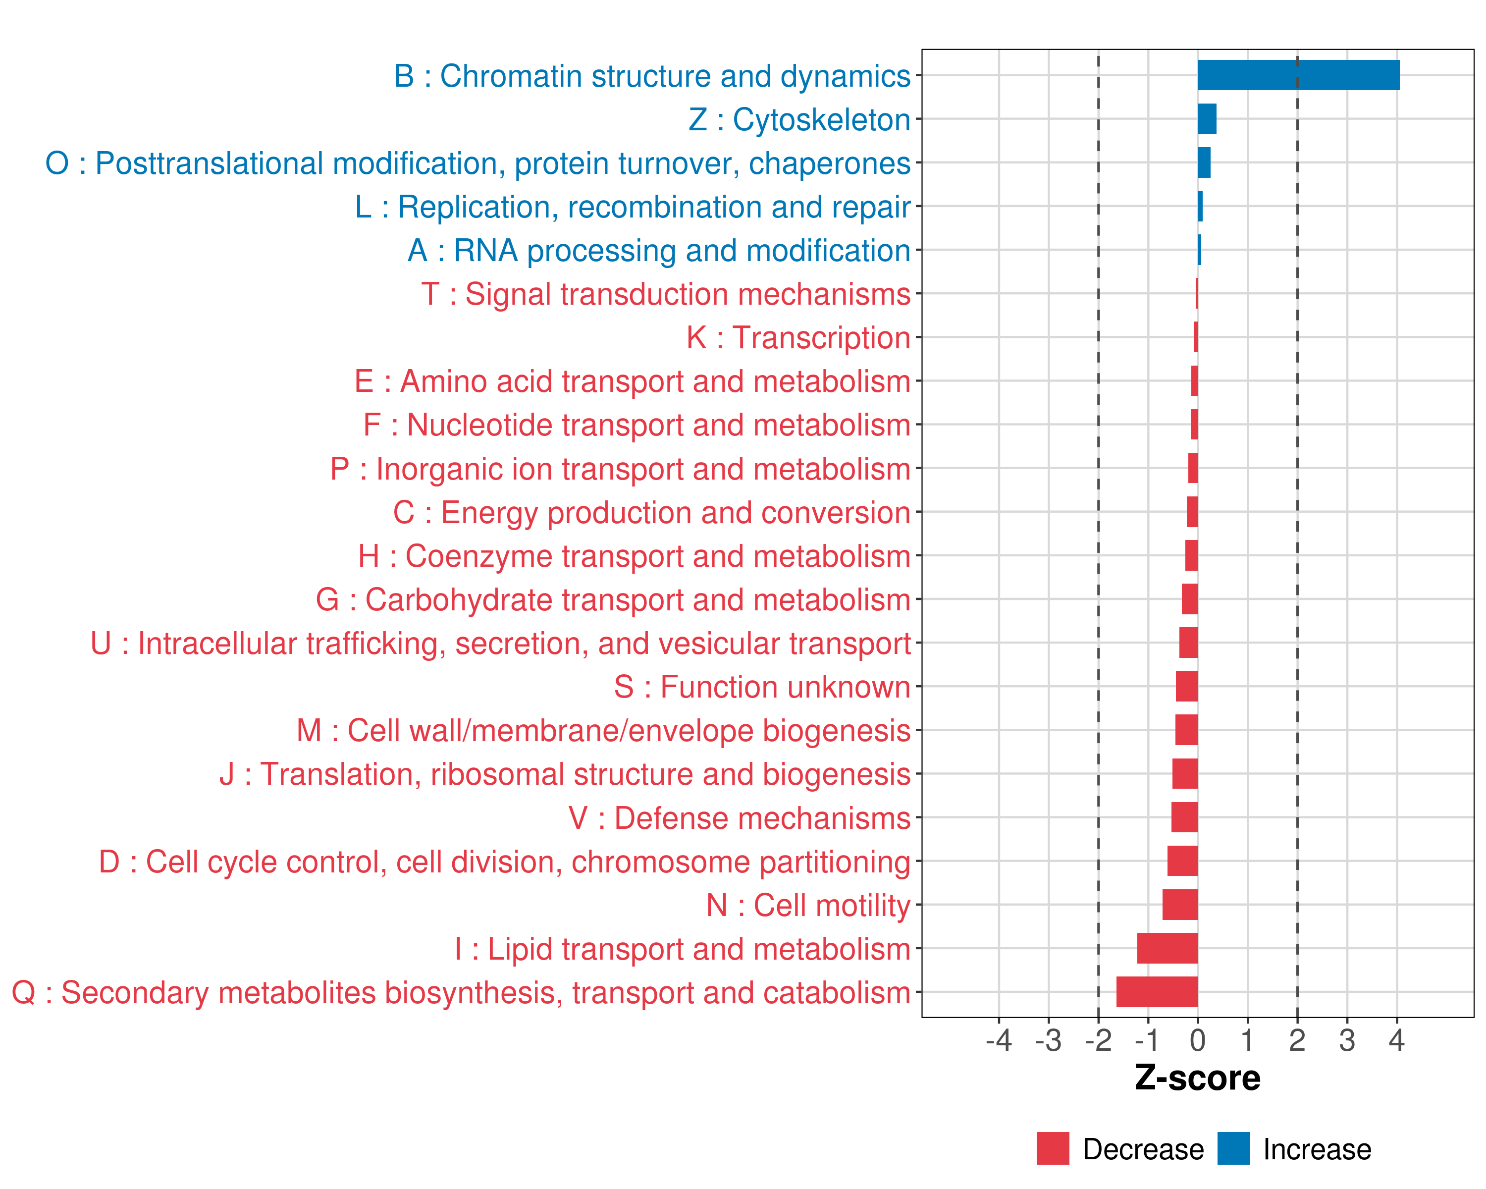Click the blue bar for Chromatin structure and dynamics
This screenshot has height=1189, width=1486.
click(1299, 75)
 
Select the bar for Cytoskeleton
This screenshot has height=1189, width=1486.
click(1207, 118)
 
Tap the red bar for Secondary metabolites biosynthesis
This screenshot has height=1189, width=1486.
click(1157, 992)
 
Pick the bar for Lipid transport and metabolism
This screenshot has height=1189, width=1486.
click(1168, 948)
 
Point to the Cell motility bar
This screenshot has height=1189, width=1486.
click(1180, 904)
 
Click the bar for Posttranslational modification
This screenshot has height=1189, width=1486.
click(1204, 162)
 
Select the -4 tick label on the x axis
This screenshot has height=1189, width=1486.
click(999, 1040)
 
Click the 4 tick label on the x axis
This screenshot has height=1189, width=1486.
click(1396, 1040)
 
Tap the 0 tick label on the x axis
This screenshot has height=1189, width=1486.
click(1198, 1040)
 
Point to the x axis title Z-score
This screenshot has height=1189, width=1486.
click(1198, 1078)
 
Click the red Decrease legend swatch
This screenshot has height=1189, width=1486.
click(1053, 1148)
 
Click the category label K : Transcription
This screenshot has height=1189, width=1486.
click(798, 338)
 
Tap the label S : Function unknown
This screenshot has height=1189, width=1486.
click(762, 687)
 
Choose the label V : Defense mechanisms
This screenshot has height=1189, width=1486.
click(740, 818)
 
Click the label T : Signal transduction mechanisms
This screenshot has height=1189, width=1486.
click(666, 294)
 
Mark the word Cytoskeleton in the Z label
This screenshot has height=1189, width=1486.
click(822, 119)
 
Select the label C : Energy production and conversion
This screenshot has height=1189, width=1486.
click(652, 513)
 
